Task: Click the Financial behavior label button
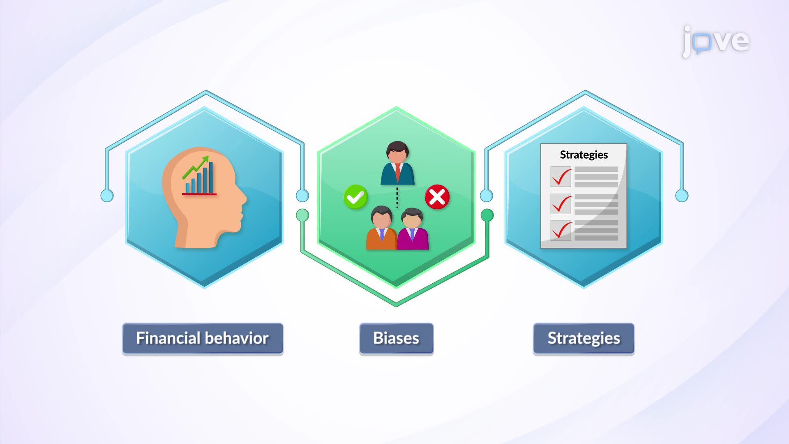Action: click(x=203, y=339)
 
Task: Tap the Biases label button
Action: click(x=396, y=339)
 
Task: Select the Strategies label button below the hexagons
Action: click(x=584, y=339)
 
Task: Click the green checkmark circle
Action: click(x=355, y=197)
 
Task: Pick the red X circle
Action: click(x=437, y=197)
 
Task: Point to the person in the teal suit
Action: click(x=397, y=163)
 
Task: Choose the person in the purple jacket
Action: click(x=413, y=229)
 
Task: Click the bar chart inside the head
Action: click(x=199, y=179)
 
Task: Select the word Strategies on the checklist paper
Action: click(x=584, y=155)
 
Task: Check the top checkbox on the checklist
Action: click(x=561, y=177)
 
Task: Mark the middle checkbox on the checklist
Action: click(x=561, y=204)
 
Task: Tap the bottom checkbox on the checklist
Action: click(x=561, y=230)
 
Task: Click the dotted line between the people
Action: click(x=397, y=197)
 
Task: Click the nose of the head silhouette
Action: click(x=243, y=199)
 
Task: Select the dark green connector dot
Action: click(x=487, y=215)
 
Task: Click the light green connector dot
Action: click(x=302, y=215)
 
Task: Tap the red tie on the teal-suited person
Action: click(x=398, y=172)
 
